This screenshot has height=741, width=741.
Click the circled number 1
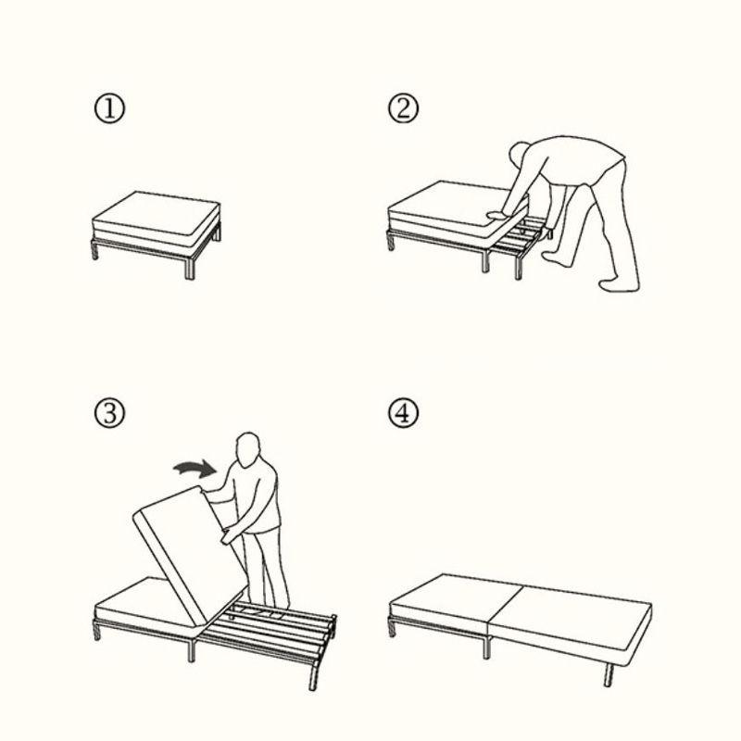(x=109, y=108)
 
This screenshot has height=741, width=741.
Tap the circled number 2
(x=403, y=108)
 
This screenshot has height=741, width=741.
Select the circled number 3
(x=109, y=413)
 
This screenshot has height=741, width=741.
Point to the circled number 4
(x=403, y=413)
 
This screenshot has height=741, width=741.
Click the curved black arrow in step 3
(x=195, y=468)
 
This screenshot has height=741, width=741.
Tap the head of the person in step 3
(x=248, y=450)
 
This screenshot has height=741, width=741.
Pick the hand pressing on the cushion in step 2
(x=497, y=215)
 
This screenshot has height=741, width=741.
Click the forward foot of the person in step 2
(x=554, y=257)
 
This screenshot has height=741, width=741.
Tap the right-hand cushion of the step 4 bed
(x=571, y=618)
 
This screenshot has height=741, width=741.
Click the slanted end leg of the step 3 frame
(x=313, y=676)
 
